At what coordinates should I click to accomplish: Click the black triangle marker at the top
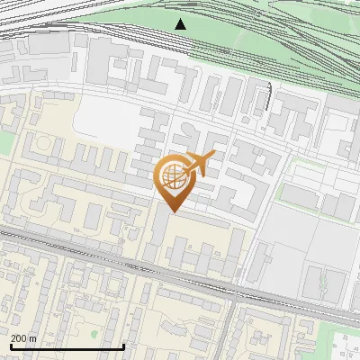181,23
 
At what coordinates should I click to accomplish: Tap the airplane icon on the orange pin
198,164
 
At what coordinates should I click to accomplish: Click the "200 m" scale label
22,338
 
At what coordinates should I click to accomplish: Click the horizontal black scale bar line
67,346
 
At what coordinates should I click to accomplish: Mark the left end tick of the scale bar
10,345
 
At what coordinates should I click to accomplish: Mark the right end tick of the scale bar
123,345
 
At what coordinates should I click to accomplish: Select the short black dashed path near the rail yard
269,94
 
